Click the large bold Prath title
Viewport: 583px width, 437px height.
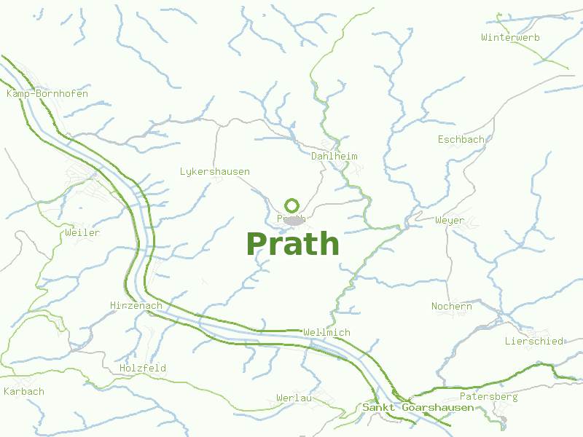(293, 243)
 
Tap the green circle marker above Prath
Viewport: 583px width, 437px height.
(292, 205)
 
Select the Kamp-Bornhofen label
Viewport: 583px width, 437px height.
(47, 94)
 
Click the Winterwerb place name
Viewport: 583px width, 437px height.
(510, 37)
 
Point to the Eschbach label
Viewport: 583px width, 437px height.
(461, 139)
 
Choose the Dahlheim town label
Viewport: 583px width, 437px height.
(334, 157)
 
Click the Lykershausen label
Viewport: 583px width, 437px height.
(215, 172)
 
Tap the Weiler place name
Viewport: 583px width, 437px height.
(82, 233)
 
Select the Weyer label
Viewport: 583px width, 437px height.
(449, 220)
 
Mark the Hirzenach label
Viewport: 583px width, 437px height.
(136, 306)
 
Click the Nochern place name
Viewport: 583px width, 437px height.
(452, 307)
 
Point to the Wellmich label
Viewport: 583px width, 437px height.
(326, 333)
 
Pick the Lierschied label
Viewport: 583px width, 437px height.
(534, 342)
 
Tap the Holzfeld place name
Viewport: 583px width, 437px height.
(143, 369)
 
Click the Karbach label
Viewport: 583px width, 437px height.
(24, 392)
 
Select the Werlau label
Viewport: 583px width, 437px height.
(294, 398)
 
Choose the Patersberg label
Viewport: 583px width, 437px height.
(488, 397)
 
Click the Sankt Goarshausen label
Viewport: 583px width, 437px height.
(418, 408)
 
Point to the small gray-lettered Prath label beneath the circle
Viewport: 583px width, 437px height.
(291, 218)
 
